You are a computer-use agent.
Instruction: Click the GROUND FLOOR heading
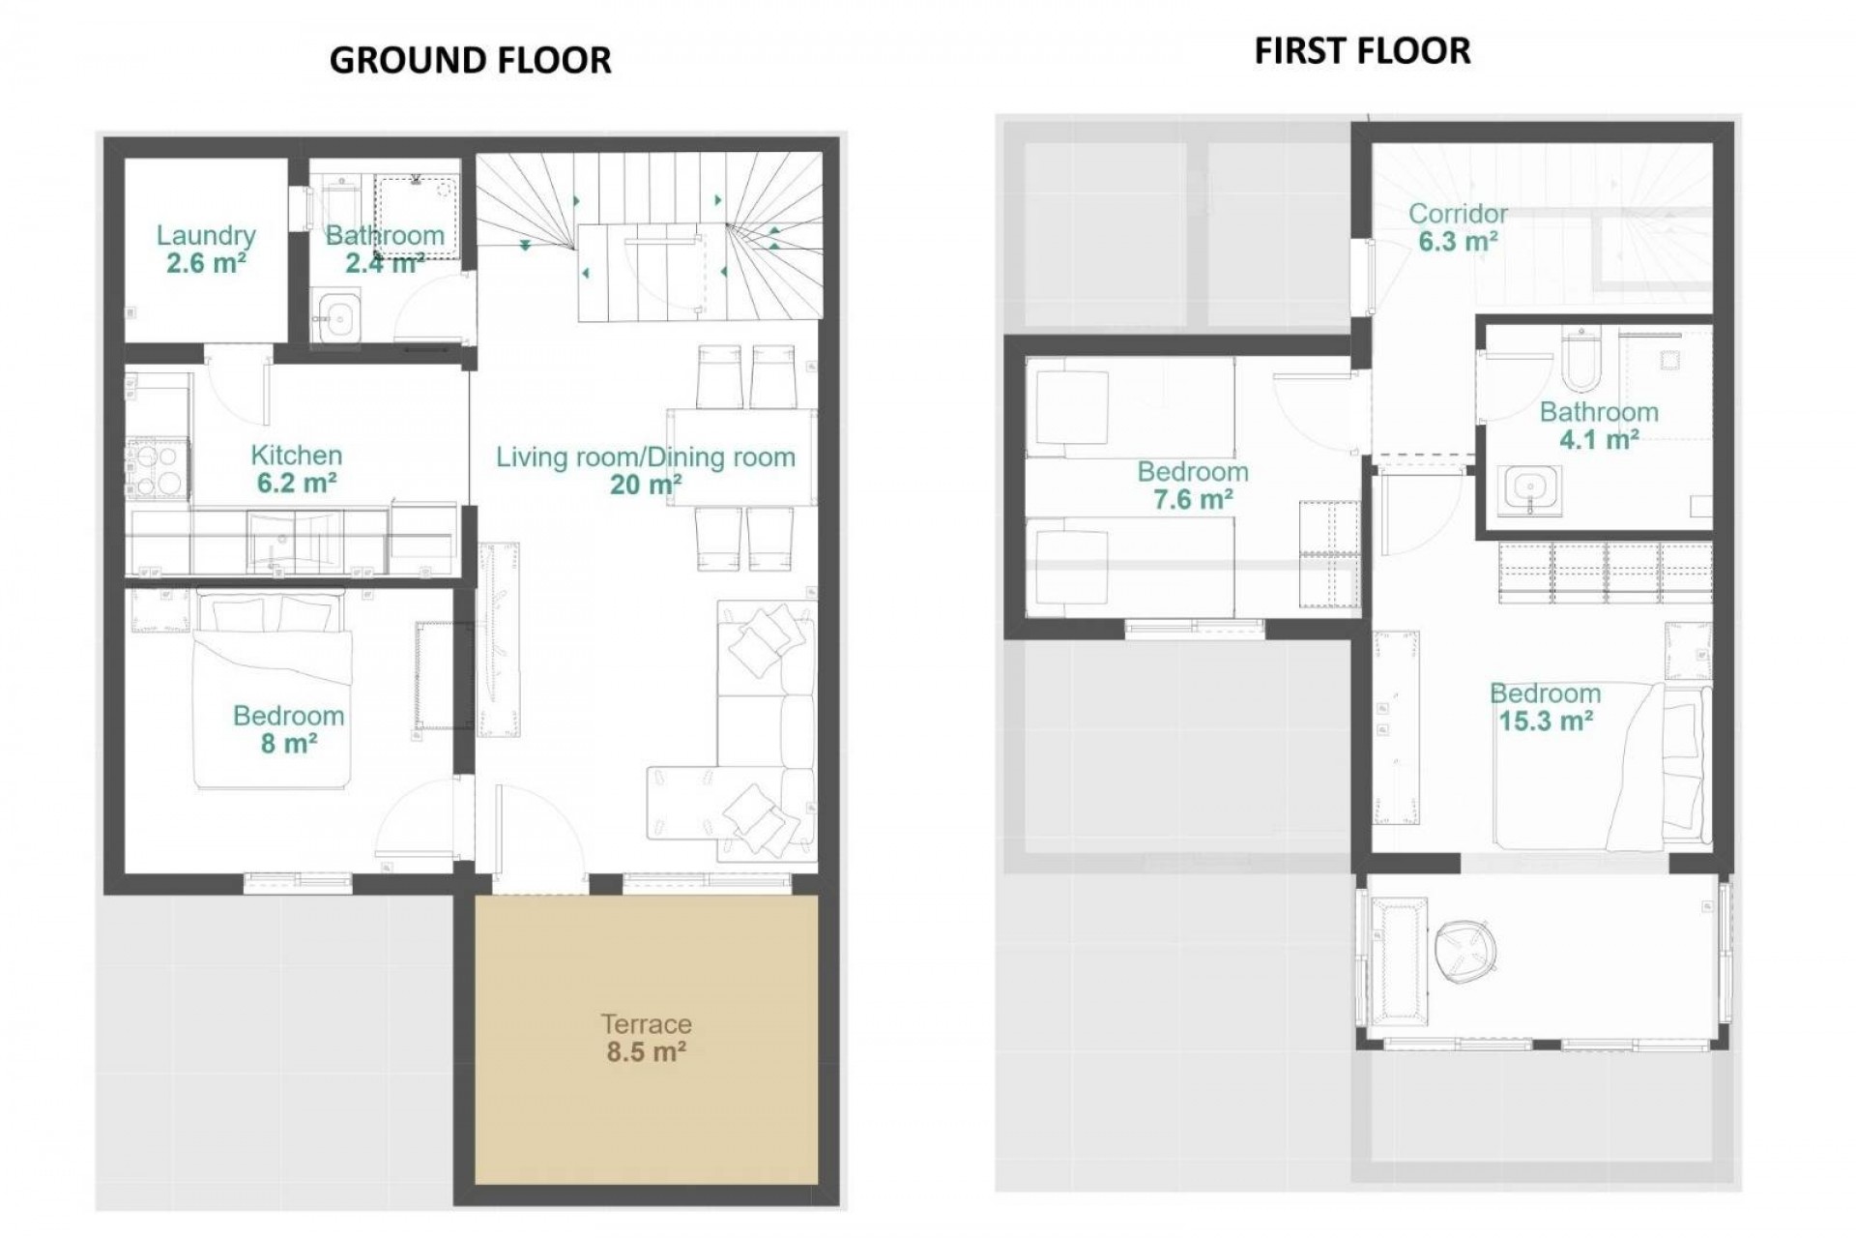[471, 60]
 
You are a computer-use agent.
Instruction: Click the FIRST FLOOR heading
[1362, 50]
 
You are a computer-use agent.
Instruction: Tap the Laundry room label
[206, 235]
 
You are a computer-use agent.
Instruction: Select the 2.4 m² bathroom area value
[385, 262]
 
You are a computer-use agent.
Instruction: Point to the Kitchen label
[296, 455]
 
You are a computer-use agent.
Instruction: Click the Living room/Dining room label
[645, 457]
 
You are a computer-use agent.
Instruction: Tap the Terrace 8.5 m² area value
[646, 1051]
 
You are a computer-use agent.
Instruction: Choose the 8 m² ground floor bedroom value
[289, 743]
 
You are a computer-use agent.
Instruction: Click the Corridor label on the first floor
[1458, 214]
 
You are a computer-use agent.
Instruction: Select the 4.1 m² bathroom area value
[1599, 440]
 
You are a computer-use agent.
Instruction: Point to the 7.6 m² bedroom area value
[1193, 499]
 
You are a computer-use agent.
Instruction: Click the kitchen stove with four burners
[158, 469]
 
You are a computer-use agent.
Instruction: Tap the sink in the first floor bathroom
[1529, 489]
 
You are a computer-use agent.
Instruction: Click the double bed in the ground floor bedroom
[270, 692]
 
